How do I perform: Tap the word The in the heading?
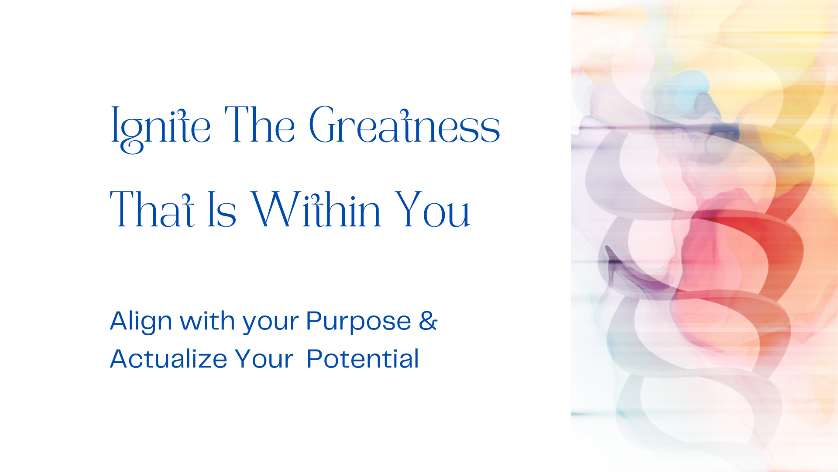coord(260,125)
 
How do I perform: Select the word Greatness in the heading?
coord(404,125)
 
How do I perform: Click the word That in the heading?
coord(152,209)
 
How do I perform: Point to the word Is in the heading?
coord(222,209)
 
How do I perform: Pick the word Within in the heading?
coord(316,209)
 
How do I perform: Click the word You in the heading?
coord(432,209)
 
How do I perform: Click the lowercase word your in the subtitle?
coord(271,324)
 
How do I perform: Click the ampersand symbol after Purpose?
coord(428,320)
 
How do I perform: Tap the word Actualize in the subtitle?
coord(168,359)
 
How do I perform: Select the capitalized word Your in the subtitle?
coord(264,359)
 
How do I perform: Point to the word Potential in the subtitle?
coord(363,359)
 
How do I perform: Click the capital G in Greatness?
coord(323,125)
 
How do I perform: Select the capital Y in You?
coord(409,209)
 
